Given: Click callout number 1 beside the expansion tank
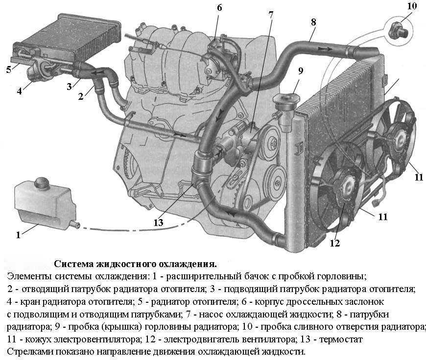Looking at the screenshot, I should coord(18,234).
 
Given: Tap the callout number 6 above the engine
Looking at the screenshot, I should coord(219,7).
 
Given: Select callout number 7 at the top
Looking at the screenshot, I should coord(270,14).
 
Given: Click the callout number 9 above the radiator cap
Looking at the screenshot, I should coord(301,71).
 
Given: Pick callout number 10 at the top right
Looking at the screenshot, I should coord(412,7).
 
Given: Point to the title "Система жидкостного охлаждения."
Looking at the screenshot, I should coord(135,265).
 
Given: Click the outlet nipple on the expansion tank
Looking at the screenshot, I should coord(75,225).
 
